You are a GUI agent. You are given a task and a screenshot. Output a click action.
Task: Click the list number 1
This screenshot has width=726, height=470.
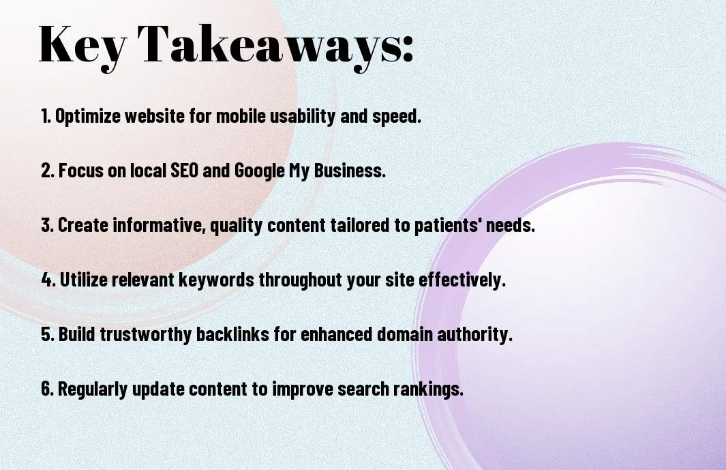(46, 116)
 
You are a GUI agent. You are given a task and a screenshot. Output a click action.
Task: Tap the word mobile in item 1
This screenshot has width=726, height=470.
(241, 116)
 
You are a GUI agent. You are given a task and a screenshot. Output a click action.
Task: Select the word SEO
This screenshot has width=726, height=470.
(184, 170)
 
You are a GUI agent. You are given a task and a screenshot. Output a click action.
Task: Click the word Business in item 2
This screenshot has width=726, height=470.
(350, 170)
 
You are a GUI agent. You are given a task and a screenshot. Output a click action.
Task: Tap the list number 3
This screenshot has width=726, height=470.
(47, 225)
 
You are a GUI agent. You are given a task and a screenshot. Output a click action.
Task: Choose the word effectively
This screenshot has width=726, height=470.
(462, 280)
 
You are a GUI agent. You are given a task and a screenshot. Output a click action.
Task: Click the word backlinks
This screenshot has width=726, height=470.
(232, 334)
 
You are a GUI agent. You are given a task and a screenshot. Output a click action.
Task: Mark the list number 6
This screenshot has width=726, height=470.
(47, 388)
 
